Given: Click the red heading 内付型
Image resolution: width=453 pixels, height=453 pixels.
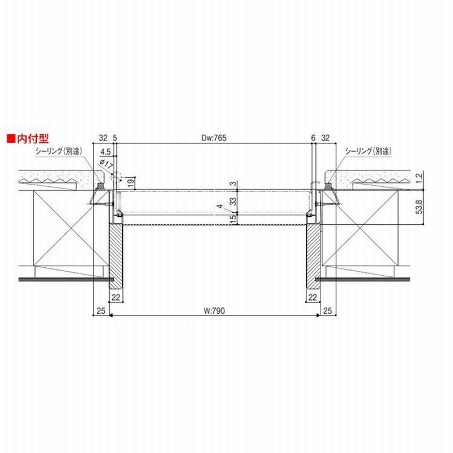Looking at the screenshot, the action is [33, 139].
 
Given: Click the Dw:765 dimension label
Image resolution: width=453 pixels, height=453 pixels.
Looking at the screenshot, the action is [214, 138].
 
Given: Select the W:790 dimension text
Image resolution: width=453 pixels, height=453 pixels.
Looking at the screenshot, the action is [214, 311].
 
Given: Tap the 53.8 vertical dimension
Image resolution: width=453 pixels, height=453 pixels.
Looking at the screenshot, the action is [419, 207].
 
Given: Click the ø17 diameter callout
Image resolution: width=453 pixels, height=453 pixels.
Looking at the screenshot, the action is [106, 164].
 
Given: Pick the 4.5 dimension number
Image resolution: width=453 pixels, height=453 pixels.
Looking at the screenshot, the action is [105, 152].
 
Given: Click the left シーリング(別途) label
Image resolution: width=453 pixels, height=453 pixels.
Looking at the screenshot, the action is [59, 151].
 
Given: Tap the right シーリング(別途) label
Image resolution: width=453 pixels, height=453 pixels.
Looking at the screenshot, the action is [369, 151].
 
